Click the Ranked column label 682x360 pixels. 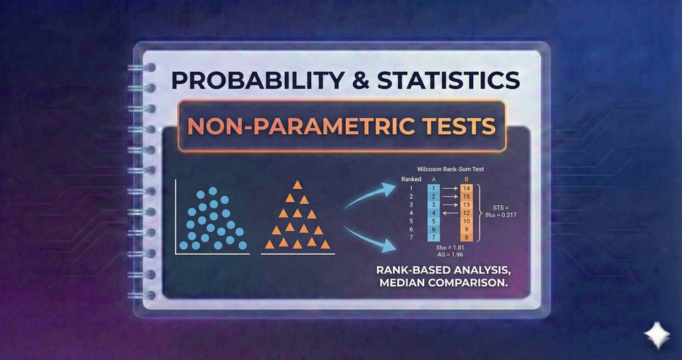[x=412, y=179]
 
